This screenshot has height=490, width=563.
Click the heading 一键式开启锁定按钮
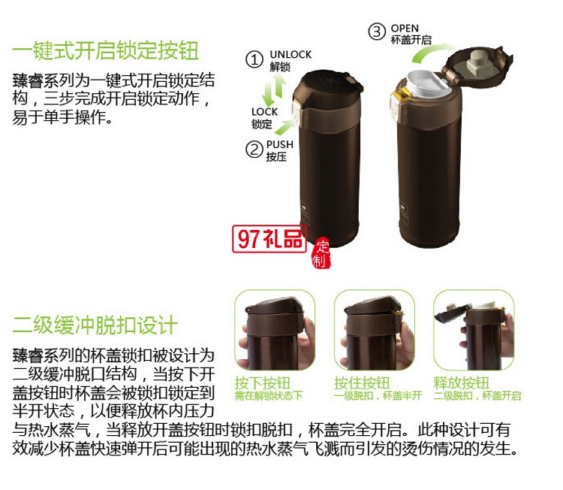(x=106, y=51)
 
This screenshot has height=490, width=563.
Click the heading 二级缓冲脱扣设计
(x=95, y=325)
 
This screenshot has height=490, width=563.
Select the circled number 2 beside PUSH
(x=254, y=149)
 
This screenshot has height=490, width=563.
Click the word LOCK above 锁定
(x=264, y=111)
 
